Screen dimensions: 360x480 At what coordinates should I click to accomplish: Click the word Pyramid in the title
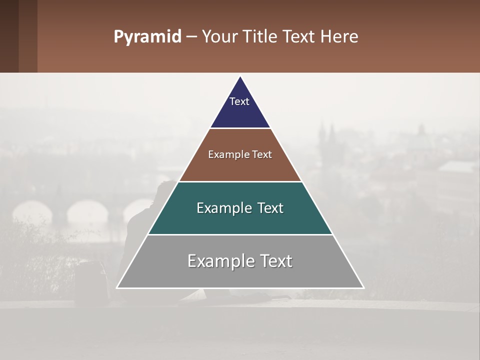coord(147,37)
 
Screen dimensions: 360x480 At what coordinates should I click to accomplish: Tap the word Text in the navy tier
coord(239,101)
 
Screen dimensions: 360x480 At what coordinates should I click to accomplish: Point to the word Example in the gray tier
coord(215,261)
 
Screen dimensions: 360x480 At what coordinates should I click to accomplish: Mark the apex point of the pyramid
coord(240,76)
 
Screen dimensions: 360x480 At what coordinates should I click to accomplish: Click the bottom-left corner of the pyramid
coord(117,288)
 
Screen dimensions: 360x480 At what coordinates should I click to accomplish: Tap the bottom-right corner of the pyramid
coord(363,288)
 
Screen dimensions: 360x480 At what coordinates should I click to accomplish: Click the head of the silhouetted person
coord(163,190)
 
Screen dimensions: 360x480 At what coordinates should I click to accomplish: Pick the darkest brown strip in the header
coord(9,36)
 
